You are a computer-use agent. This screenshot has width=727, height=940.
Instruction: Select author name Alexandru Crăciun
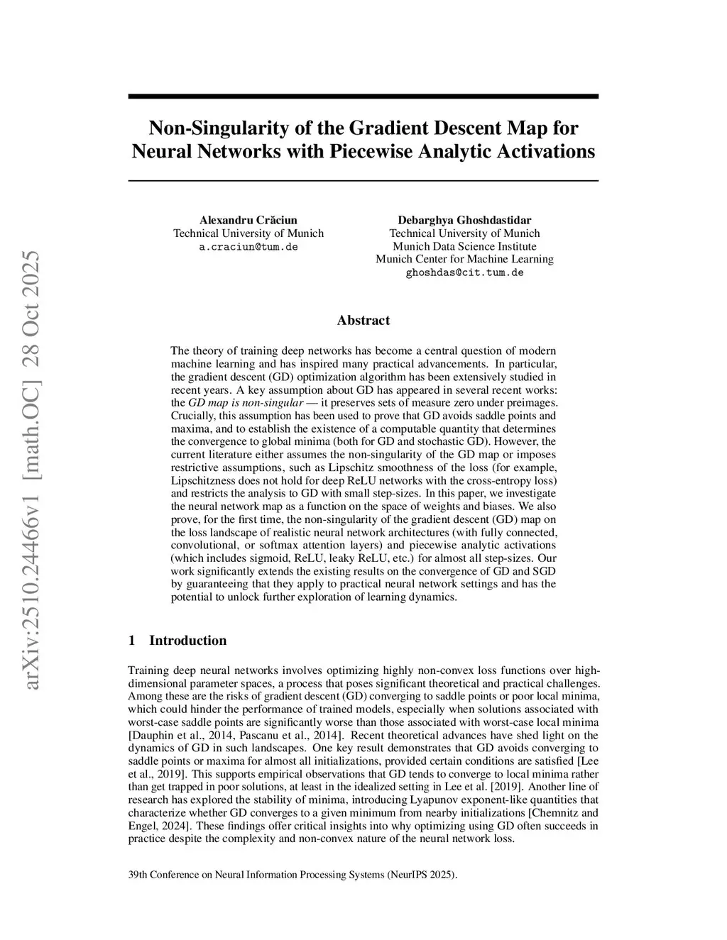(x=248, y=220)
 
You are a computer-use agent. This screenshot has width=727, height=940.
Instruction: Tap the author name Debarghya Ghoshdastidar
(x=464, y=220)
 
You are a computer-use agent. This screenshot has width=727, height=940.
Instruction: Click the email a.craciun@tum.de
(x=248, y=247)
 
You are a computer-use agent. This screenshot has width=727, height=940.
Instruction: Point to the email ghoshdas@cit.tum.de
(x=464, y=272)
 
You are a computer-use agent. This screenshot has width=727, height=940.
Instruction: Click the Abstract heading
(x=363, y=320)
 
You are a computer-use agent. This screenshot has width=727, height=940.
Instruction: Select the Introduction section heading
(x=187, y=641)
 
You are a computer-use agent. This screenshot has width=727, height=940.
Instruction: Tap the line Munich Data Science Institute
(x=464, y=246)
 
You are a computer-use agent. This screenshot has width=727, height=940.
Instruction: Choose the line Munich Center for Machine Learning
(x=464, y=259)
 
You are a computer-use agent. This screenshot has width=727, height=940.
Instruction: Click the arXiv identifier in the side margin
(x=32, y=468)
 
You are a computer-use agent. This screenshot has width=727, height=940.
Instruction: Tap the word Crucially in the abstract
(x=195, y=416)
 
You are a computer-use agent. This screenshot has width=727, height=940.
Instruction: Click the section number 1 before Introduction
(x=131, y=641)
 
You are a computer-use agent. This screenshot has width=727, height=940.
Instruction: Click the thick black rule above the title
(x=363, y=96)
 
